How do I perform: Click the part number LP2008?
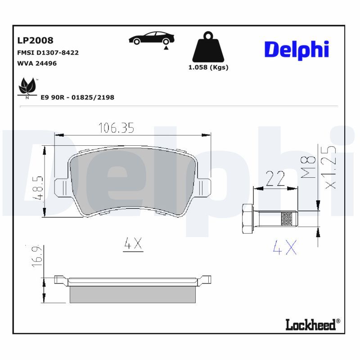coord(35,41)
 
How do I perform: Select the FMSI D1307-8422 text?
coord(48,53)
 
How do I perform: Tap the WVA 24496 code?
coord(37,63)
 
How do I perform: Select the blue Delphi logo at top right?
coord(297,49)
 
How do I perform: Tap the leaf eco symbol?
coord(27,86)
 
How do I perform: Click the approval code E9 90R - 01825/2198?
coord(77,97)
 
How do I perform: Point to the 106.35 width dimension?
coord(116,128)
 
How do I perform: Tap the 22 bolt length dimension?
coord(274,179)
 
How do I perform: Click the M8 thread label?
coord(307,168)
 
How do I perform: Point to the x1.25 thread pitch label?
coord(330,166)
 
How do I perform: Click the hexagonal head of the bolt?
coord(247,219)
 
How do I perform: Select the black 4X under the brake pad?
coord(133,244)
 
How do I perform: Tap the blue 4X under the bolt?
coord(285,247)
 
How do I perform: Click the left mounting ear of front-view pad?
coord(61,187)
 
